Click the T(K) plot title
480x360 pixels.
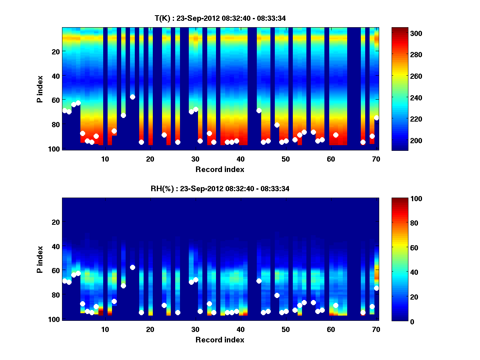[220, 18]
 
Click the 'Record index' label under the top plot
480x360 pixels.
[220, 169]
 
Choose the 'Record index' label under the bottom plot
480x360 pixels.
[220, 340]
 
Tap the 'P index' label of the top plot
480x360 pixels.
[40, 89]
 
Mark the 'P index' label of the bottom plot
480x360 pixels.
[40, 259]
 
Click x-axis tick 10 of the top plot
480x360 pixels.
[105, 159]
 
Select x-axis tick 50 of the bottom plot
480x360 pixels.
[286, 329]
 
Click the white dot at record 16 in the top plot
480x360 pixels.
[132, 97]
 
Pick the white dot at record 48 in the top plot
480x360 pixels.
[277, 125]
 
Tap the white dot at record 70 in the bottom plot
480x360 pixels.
[376, 288]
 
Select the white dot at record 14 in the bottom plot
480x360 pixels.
[123, 286]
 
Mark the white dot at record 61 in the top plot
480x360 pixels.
[336, 135]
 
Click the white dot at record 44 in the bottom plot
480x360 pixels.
[259, 281]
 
